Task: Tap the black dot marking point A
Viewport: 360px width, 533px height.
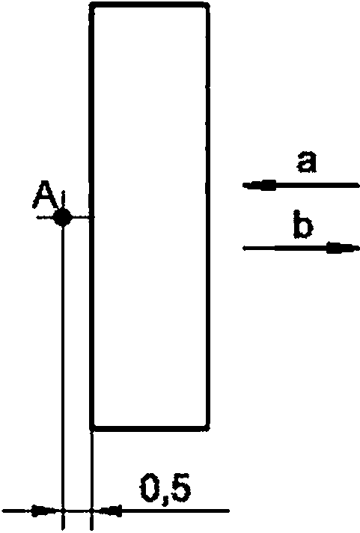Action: (63, 217)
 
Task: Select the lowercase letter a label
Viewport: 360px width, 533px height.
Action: (307, 162)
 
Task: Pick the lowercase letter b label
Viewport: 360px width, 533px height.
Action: (302, 224)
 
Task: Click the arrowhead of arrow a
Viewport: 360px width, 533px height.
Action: (260, 185)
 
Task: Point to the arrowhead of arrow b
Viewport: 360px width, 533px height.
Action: (343, 248)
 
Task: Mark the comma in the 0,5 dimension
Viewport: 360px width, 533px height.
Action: (165, 501)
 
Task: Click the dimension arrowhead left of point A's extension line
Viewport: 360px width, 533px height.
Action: (46, 511)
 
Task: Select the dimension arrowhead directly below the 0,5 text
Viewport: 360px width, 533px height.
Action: (108, 511)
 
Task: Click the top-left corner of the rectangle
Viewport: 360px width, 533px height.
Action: (92, 4)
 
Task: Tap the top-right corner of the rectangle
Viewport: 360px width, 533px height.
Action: (207, 4)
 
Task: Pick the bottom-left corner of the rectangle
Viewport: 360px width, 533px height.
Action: (92, 428)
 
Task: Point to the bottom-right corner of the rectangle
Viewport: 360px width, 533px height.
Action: (207, 428)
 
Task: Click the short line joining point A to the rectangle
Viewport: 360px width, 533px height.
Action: (81, 217)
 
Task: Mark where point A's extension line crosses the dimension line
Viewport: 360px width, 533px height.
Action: (63, 511)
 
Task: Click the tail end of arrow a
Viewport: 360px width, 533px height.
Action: (358, 185)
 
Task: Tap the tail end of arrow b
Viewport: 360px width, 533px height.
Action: (244, 248)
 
